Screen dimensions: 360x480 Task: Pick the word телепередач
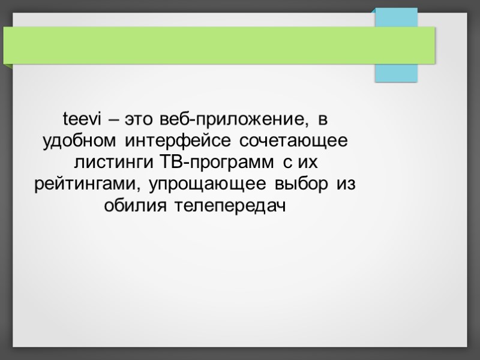pos(230,206)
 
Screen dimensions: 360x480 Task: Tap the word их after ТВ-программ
pos(307,163)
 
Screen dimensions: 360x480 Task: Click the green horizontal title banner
pos(219,44)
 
